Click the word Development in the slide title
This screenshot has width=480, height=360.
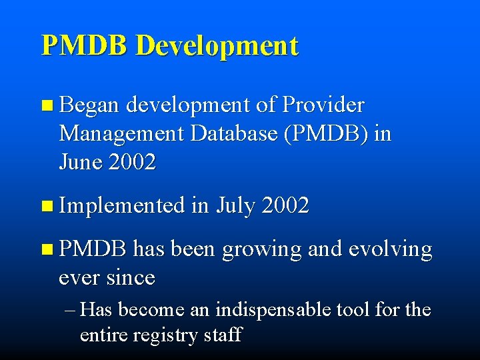217,46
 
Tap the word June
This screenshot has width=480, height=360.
81,163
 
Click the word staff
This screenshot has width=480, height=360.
223,334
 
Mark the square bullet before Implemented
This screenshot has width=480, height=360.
45,207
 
